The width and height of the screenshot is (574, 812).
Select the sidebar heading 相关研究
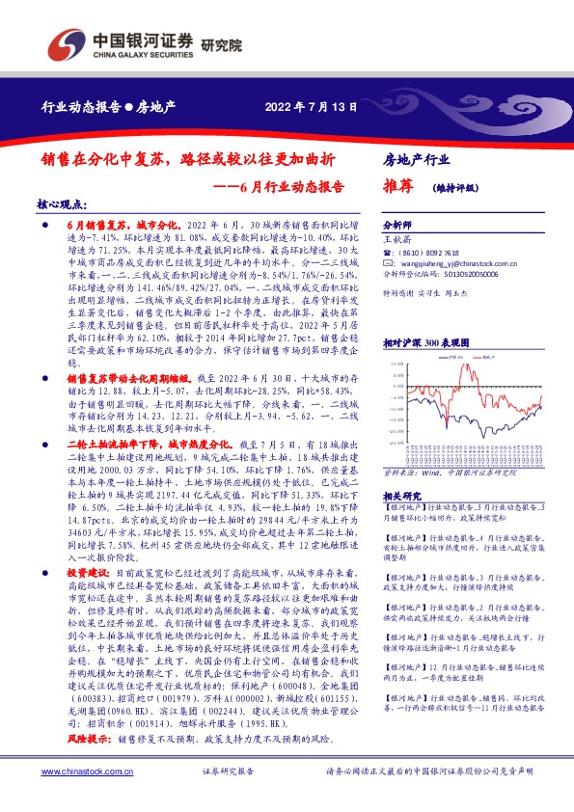[x=401, y=495]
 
